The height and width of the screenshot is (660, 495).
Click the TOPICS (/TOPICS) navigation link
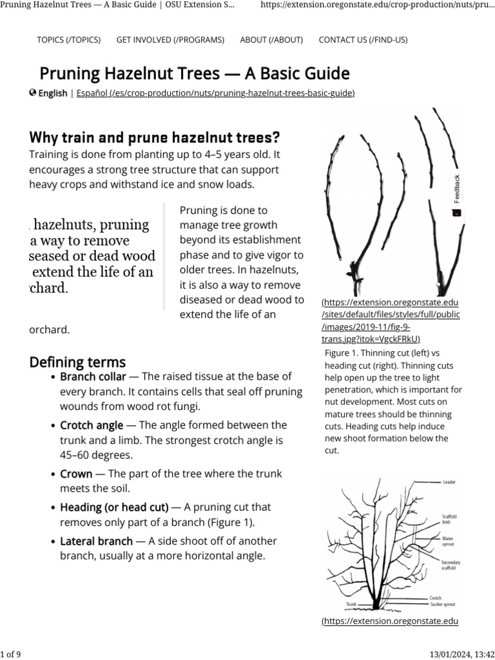[x=69, y=40]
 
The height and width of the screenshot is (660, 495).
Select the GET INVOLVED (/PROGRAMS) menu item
[x=170, y=40]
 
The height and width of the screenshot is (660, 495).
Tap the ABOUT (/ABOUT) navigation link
[x=271, y=40]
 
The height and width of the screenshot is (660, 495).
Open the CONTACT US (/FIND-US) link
[x=363, y=40]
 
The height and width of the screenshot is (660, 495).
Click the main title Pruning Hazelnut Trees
[x=195, y=73]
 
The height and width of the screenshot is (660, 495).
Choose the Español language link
[x=215, y=93]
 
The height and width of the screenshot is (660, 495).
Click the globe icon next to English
[x=33, y=93]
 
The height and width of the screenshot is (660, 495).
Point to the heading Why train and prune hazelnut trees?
[x=155, y=137]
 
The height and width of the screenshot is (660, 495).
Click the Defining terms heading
[x=77, y=362]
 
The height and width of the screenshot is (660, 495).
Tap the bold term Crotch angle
[x=92, y=425]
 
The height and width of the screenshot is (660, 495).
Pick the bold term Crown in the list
[x=76, y=474]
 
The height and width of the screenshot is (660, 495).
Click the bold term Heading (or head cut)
[x=114, y=507]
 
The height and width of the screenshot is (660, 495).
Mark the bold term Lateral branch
[x=96, y=541]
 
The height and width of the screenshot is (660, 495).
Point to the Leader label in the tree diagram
[x=449, y=481]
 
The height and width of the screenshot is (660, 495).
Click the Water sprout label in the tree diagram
[x=448, y=541]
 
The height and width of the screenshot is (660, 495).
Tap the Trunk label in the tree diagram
[x=351, y=605]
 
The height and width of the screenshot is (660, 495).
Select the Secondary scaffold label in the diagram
[x=451, y=565]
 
